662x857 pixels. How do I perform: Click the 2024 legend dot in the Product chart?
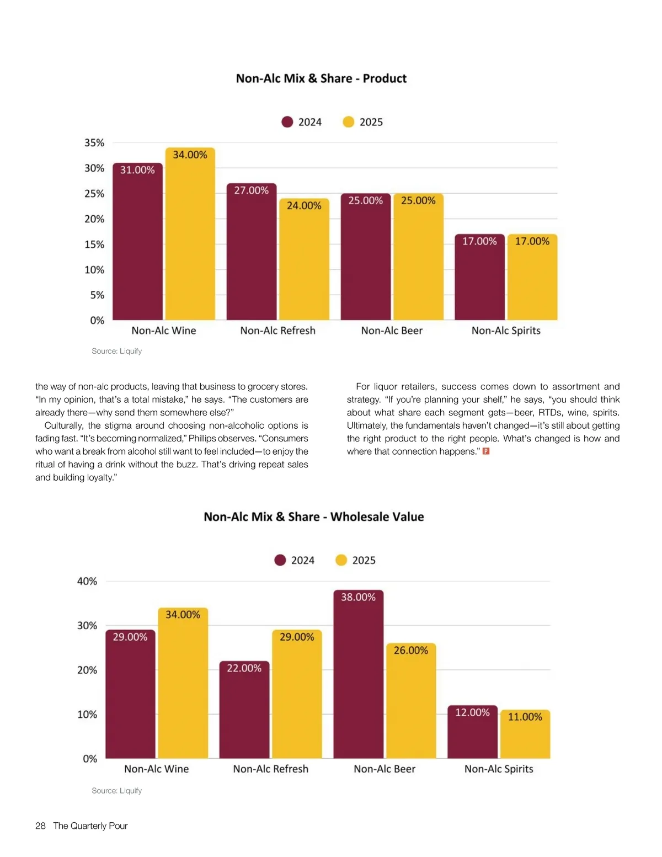[287, 122]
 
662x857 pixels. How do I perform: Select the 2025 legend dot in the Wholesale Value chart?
[341, 560]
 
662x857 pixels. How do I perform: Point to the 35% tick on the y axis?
[94, 143]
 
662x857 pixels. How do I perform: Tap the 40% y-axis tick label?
[87, 581]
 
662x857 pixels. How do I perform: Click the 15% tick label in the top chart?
[94, 244]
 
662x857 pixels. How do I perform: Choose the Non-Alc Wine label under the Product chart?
[164, 331]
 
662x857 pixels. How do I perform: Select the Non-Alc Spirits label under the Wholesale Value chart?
[499, 769]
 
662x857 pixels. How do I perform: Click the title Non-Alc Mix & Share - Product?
[321, 78]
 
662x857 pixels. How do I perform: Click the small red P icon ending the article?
[486, 451]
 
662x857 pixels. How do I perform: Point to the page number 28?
[40, 826]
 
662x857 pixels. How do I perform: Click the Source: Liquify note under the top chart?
[117, 351]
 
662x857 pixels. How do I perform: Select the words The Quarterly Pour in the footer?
[90, 826]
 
